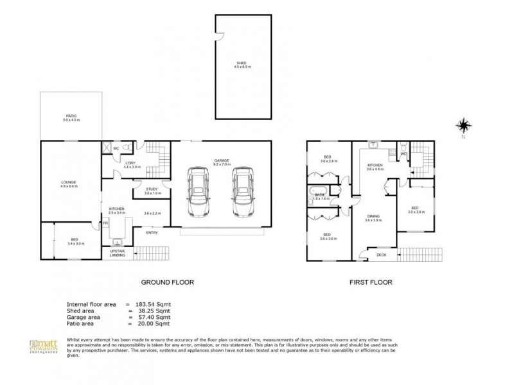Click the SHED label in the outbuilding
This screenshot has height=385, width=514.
(240, 63)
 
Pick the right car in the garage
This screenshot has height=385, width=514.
(241, 192)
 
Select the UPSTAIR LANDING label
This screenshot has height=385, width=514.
(118, 253)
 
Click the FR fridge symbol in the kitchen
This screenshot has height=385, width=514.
(105, 223)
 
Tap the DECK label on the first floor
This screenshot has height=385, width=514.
(381, 255)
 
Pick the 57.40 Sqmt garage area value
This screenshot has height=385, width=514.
(152, 317)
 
